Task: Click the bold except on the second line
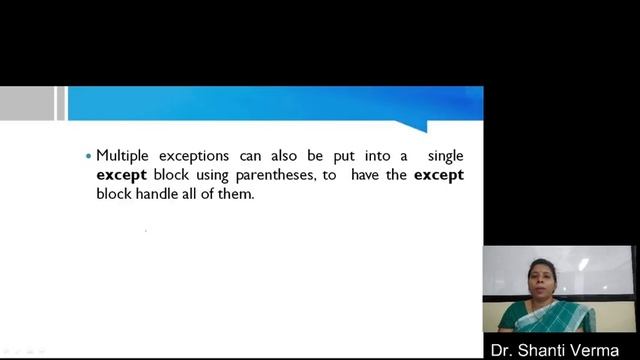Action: pos(121,175)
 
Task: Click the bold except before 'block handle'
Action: pos(438,175)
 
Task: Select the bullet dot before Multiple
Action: pos(88,157)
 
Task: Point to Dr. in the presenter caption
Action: pos(502,349)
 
